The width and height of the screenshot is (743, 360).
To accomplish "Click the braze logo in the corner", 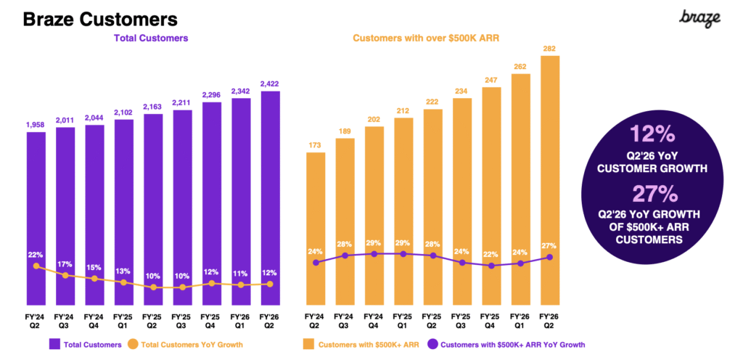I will pos(700,18).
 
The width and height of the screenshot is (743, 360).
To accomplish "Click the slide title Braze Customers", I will pos(100,19).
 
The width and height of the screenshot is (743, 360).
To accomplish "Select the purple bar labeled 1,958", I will pos(36,218).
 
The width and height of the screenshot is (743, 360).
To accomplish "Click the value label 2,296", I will pos(210,94).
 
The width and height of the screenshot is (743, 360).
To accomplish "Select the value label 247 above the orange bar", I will pos(491,79).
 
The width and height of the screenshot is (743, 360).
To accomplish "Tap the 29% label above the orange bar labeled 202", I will pos(374,241).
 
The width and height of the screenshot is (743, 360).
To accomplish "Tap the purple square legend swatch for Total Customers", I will pos(54,344).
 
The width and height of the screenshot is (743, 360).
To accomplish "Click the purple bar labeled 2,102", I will pos(123,210).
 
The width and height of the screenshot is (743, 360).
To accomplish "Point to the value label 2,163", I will pos(152,106).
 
